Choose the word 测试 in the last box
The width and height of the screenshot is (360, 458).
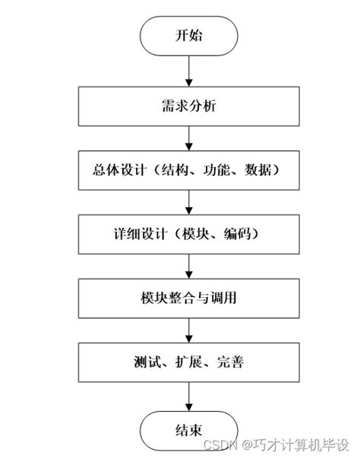[144, 362]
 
